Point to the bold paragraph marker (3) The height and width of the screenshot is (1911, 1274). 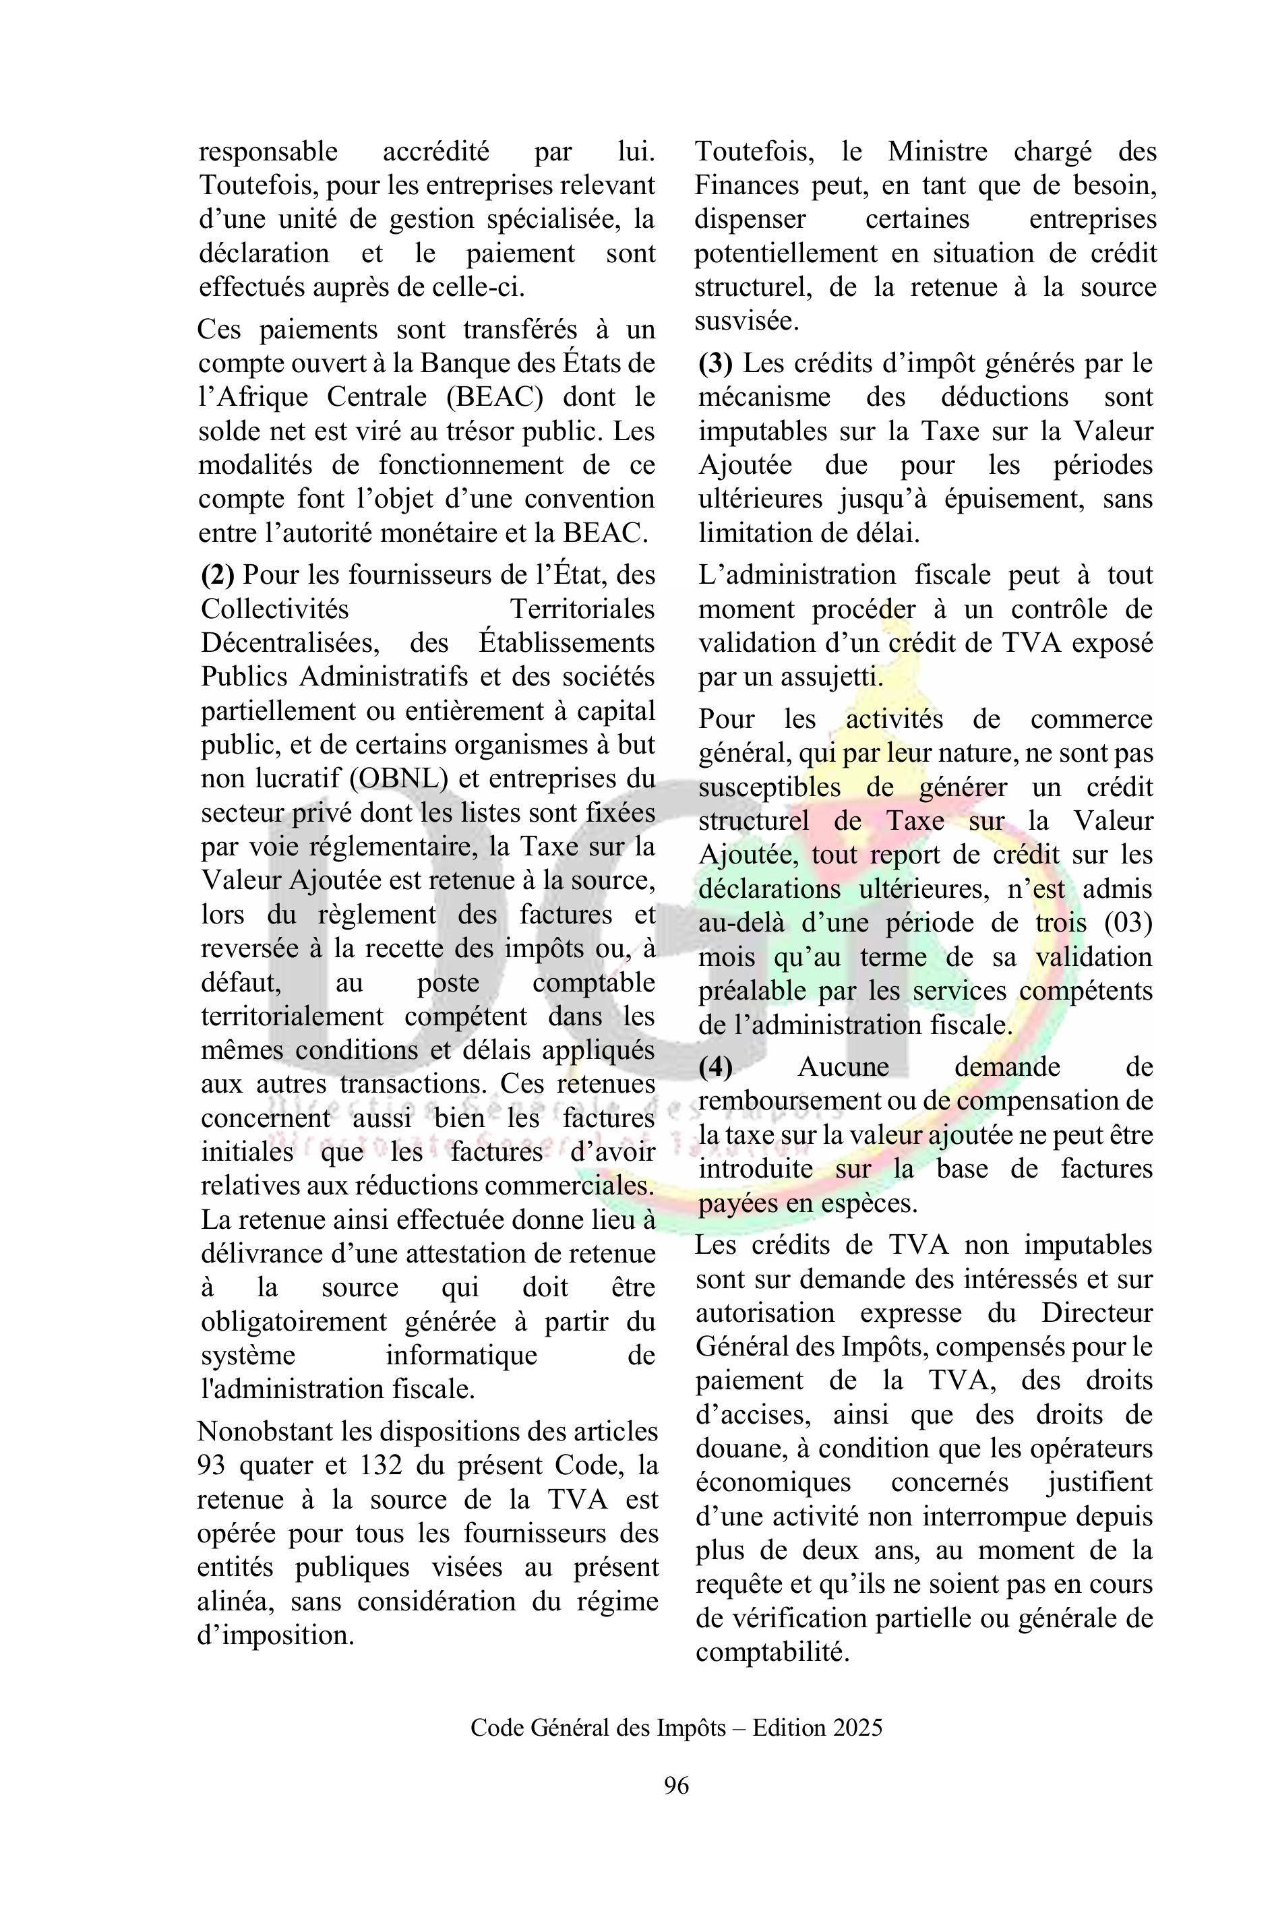715,363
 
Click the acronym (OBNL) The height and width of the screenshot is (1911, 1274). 399,779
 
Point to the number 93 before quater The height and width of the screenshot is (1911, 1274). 212,1465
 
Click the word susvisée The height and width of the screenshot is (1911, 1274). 746,321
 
